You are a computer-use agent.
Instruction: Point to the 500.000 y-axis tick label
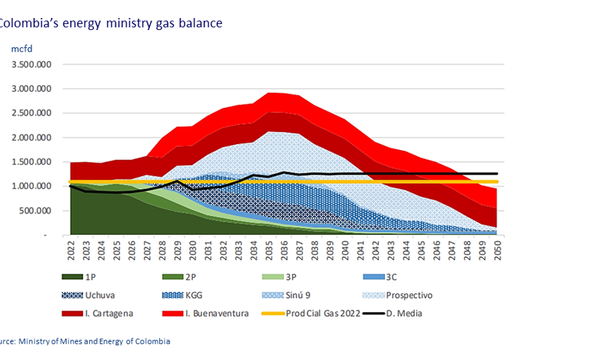pos(34,211)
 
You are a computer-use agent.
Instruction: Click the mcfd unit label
pos(20,48)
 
